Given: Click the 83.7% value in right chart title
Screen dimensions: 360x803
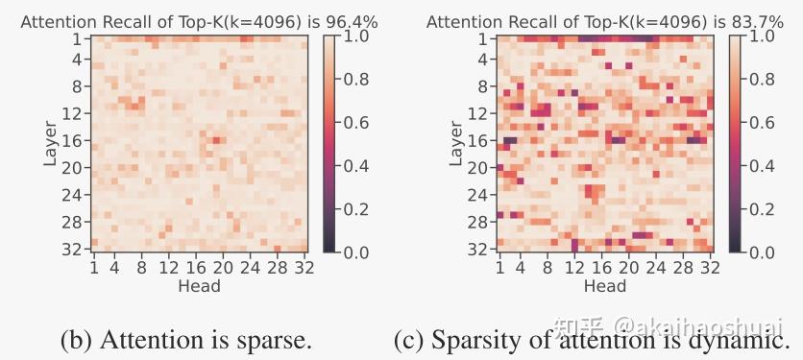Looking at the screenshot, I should pos(757,21).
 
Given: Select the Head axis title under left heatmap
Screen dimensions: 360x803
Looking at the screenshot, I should pos(199,285).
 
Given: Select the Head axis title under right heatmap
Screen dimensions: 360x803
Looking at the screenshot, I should pos(605,285).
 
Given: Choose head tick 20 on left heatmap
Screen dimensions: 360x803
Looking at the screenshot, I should pos(223,268).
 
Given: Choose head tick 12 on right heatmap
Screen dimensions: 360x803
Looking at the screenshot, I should pos(575,268).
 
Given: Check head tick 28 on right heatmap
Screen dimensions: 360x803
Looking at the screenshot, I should pos(683,268).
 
